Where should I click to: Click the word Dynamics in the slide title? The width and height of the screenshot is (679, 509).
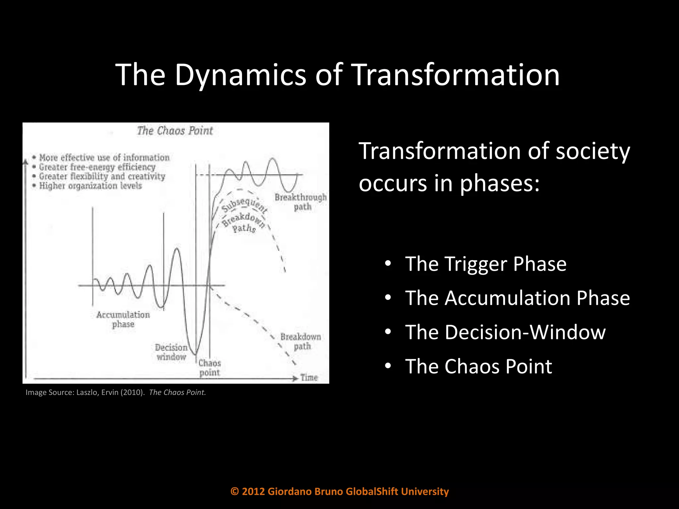[x=240, y=75]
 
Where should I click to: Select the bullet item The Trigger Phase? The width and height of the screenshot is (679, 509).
[x=485, y=264]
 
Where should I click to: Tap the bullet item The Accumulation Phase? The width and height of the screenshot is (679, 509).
[x=517, y=298]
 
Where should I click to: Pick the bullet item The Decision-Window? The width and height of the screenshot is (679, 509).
[x=505, y=332]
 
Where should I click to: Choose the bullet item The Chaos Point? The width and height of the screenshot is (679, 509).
[x=478, y=366]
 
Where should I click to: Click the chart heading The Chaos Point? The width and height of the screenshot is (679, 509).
[x=175, y=131]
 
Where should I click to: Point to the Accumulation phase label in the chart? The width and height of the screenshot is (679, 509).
[x=123, y=319]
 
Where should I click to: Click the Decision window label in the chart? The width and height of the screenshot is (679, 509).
[x=171, y=352]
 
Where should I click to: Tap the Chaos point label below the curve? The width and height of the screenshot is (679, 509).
[x=210, y=368]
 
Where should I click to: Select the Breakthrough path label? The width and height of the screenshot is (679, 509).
[x=301, y=202]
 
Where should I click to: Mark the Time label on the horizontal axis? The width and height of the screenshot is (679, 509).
[x=309, y=377]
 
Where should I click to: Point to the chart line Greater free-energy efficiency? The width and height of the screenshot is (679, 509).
[x=97, y=167]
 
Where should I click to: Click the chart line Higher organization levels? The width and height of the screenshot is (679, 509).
[x=90, y=186]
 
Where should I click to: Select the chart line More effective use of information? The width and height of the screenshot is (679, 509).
[x=104, y=157]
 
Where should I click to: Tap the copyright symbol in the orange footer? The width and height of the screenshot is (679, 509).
[x=235, y=491]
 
